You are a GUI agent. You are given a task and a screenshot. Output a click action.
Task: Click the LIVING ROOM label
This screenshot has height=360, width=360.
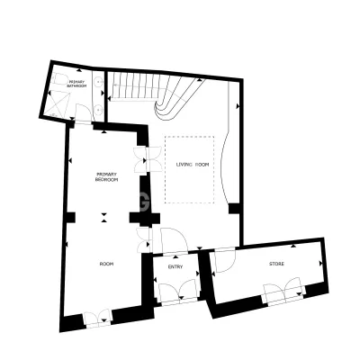tap(192, 165)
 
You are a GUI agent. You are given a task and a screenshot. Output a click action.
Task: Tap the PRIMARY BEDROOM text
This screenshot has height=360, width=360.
tap(106, 177)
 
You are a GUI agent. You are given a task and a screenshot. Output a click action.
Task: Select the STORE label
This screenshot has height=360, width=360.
tap(276, 264)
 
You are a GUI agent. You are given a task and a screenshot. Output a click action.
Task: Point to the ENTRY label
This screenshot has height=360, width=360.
tap(175, 266)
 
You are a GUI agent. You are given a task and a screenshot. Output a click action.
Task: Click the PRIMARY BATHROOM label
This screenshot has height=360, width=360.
tap(78, 84)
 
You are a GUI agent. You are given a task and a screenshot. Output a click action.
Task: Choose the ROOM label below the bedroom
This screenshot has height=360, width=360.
tap(106, 264)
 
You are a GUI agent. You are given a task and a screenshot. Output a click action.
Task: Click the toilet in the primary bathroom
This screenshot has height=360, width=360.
tap(59, 79)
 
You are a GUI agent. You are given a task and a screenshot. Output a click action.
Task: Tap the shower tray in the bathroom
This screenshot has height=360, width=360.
tap(58, 104)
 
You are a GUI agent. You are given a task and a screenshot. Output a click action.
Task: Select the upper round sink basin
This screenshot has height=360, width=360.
tap(98, 81)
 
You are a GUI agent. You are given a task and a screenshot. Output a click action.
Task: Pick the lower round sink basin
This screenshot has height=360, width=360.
tap(98, 110)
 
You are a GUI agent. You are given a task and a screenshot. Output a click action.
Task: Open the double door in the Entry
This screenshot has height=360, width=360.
tap(178, 291)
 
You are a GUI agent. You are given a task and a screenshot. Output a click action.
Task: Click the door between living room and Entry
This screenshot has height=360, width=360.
tap(174, 240)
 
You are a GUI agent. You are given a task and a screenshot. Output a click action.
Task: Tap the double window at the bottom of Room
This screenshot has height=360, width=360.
tap(97, 319)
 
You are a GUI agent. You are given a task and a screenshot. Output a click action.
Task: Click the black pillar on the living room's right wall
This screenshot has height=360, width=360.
tap(234, 209)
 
